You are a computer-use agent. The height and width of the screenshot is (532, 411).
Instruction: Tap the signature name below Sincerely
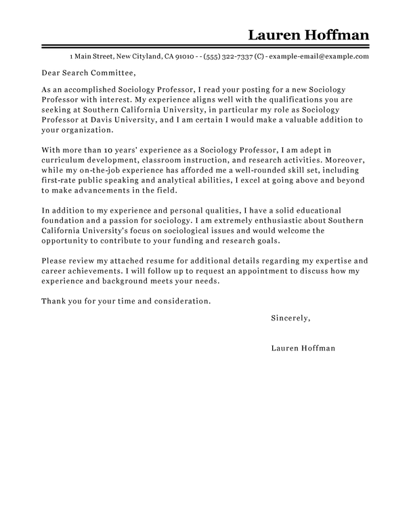click(x=302, y=349)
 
